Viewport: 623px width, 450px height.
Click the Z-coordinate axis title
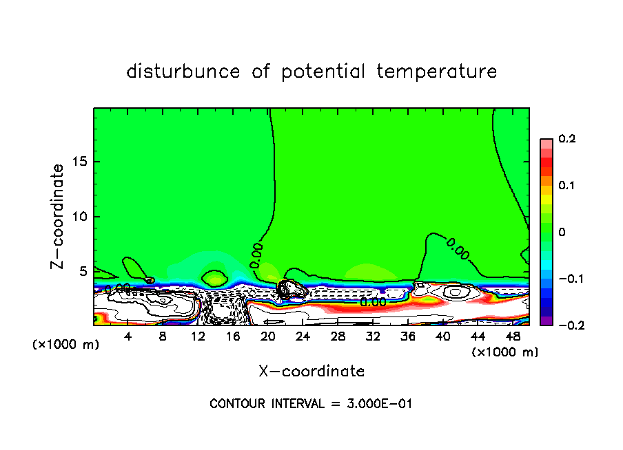[x=58, y=216]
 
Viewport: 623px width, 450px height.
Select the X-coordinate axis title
[x=311, y=372]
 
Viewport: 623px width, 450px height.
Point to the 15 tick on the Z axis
[x=81, y=162]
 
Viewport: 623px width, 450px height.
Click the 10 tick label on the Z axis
[x=81, y=217]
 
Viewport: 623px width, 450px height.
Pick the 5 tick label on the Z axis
[x=84, y=271]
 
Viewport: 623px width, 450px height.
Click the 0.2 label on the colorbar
[x=566, y=139]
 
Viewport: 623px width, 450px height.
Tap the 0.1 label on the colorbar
[x=566, y=186]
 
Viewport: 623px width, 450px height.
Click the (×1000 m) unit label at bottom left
[x=66, y=345]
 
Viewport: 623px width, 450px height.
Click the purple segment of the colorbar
[x=546, y=321]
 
